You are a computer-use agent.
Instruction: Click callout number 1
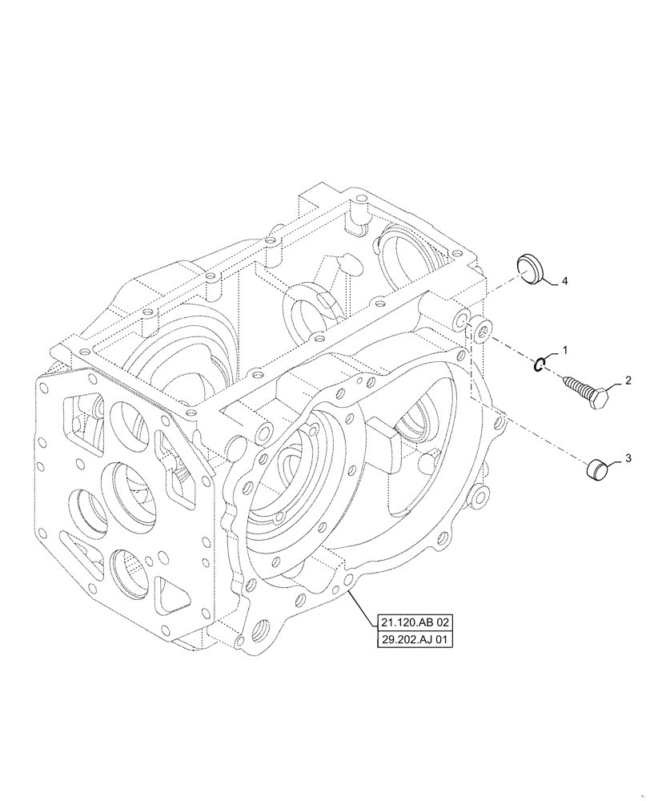[566, 351]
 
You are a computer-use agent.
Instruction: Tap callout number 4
[564, 281]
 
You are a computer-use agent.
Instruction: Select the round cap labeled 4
[529, 268]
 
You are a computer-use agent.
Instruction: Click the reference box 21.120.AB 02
[413, 622]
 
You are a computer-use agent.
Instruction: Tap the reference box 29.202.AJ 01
[413, 640]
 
